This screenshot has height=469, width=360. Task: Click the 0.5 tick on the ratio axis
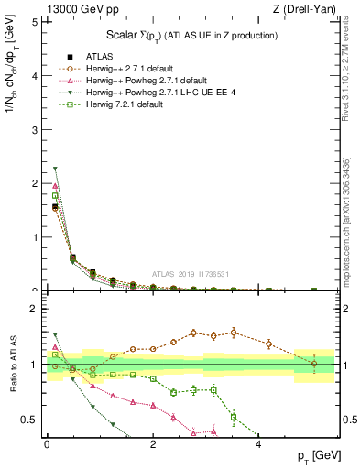(29, 420)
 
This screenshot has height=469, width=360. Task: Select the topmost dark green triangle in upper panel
(56, 169)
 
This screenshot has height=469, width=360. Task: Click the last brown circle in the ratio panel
(314, 364)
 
